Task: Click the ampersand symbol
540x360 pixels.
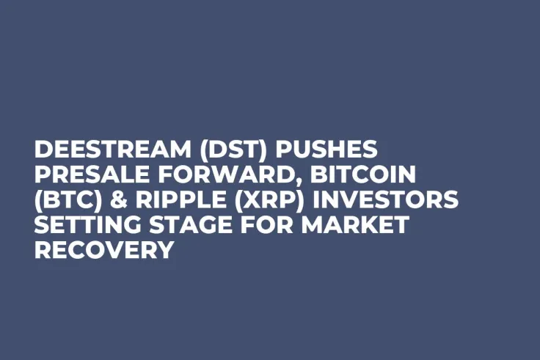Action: click(111, 200)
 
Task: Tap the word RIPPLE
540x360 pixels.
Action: click(168, 200)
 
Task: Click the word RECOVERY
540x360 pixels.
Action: click(103, 250)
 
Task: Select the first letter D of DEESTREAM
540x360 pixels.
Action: click(44, 150)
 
